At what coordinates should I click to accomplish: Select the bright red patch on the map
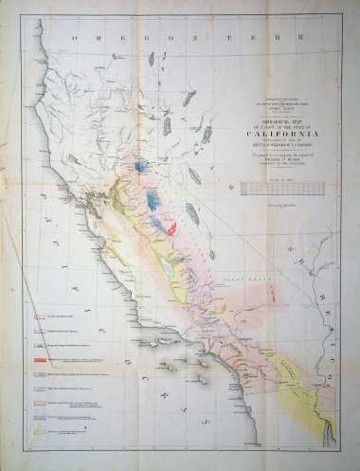tap(172, 228)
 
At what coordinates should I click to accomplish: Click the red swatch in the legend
tap(41, 360)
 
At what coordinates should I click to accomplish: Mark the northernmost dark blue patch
tap(143, 165)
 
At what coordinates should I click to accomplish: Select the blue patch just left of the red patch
tap(157, 223)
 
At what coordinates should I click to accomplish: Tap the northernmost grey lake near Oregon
tap(151, 59)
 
